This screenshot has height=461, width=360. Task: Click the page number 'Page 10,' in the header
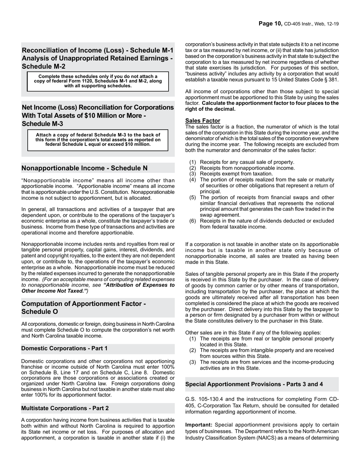270,24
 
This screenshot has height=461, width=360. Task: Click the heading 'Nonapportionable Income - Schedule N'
85,168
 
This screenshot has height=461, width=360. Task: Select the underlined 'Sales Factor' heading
202,121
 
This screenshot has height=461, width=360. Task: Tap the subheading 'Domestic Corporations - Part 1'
64,348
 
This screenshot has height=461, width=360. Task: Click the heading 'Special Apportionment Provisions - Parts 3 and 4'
254,384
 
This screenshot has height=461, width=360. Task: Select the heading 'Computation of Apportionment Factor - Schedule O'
83,307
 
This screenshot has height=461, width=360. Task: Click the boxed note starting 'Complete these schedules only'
98,81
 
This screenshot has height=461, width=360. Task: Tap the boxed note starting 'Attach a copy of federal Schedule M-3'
98,140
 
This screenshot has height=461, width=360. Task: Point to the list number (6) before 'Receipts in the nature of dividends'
193,221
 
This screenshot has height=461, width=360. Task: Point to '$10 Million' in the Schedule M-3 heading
113,115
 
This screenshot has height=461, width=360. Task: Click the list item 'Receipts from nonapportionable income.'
247,168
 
